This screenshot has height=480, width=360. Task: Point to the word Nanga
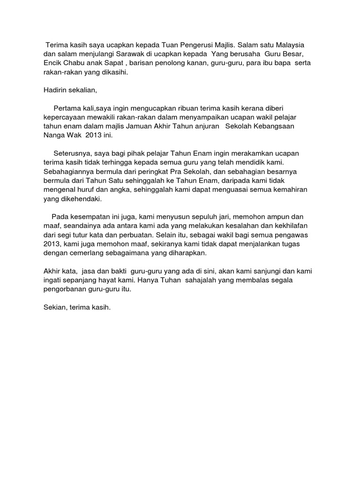tap(53, 135)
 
